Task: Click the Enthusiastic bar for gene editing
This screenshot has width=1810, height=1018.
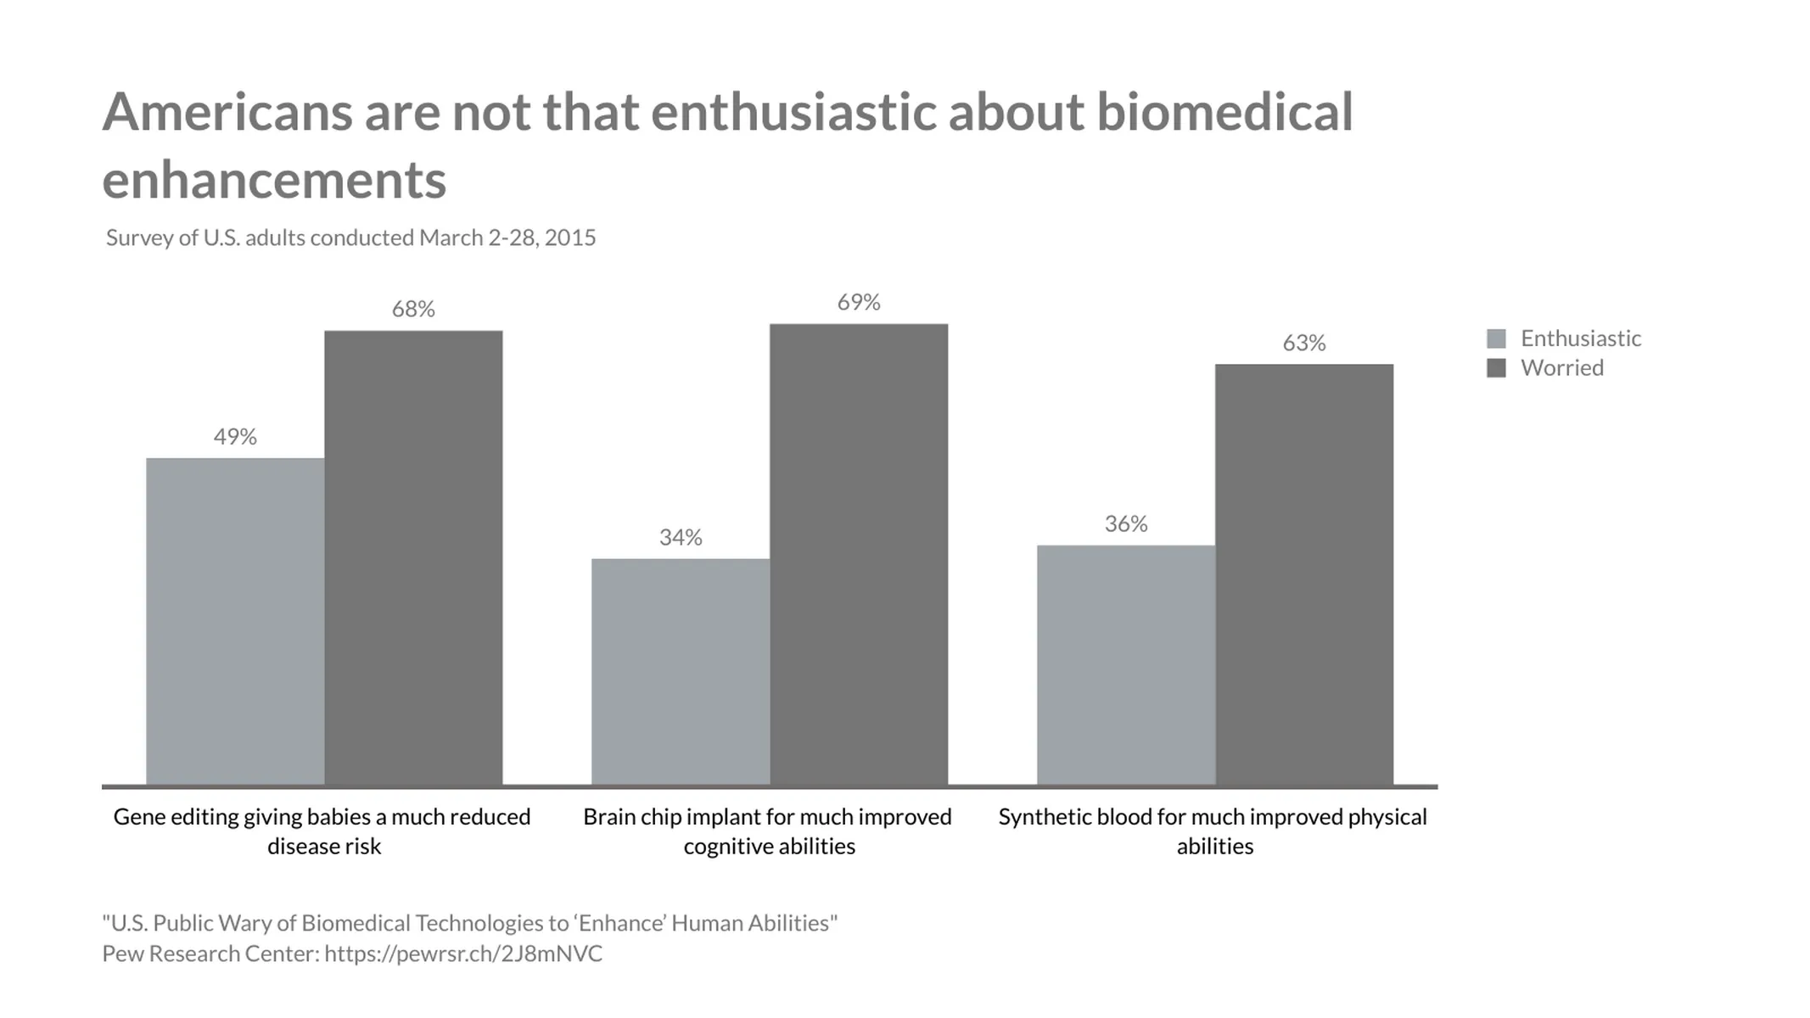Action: click(235, 621)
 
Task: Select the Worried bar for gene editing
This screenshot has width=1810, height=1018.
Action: click(413, 557)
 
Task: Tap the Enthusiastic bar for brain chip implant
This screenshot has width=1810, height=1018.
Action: click(681, 671)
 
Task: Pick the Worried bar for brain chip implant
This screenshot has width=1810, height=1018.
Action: click(859, 554)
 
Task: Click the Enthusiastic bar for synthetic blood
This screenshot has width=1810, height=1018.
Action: click(1126, 664)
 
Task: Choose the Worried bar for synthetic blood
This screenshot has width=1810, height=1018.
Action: click(1304, 574)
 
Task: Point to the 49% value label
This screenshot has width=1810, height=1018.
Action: click(235, 437)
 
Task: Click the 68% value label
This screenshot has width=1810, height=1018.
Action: click(413, 310)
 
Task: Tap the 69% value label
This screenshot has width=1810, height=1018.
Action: click(859, 303)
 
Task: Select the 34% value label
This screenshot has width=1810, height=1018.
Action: click(681, 538)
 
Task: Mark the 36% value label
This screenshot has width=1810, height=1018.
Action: click(1126, 524)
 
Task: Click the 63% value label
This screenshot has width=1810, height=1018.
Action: click(1304, 344)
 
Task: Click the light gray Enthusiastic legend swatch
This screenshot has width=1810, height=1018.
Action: click(1496, 338)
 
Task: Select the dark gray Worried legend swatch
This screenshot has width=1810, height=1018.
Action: click(1496, 368)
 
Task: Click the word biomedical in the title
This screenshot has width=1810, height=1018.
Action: click(1224, 112)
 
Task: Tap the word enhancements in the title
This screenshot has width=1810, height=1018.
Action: click(274, 180)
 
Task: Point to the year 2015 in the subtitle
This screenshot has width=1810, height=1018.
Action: click(570, 238)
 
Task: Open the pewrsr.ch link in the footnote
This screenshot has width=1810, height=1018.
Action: click(463, 954)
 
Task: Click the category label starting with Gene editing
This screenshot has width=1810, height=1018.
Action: click(322, 831)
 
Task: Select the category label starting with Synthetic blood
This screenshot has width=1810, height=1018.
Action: click(1213, 831)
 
